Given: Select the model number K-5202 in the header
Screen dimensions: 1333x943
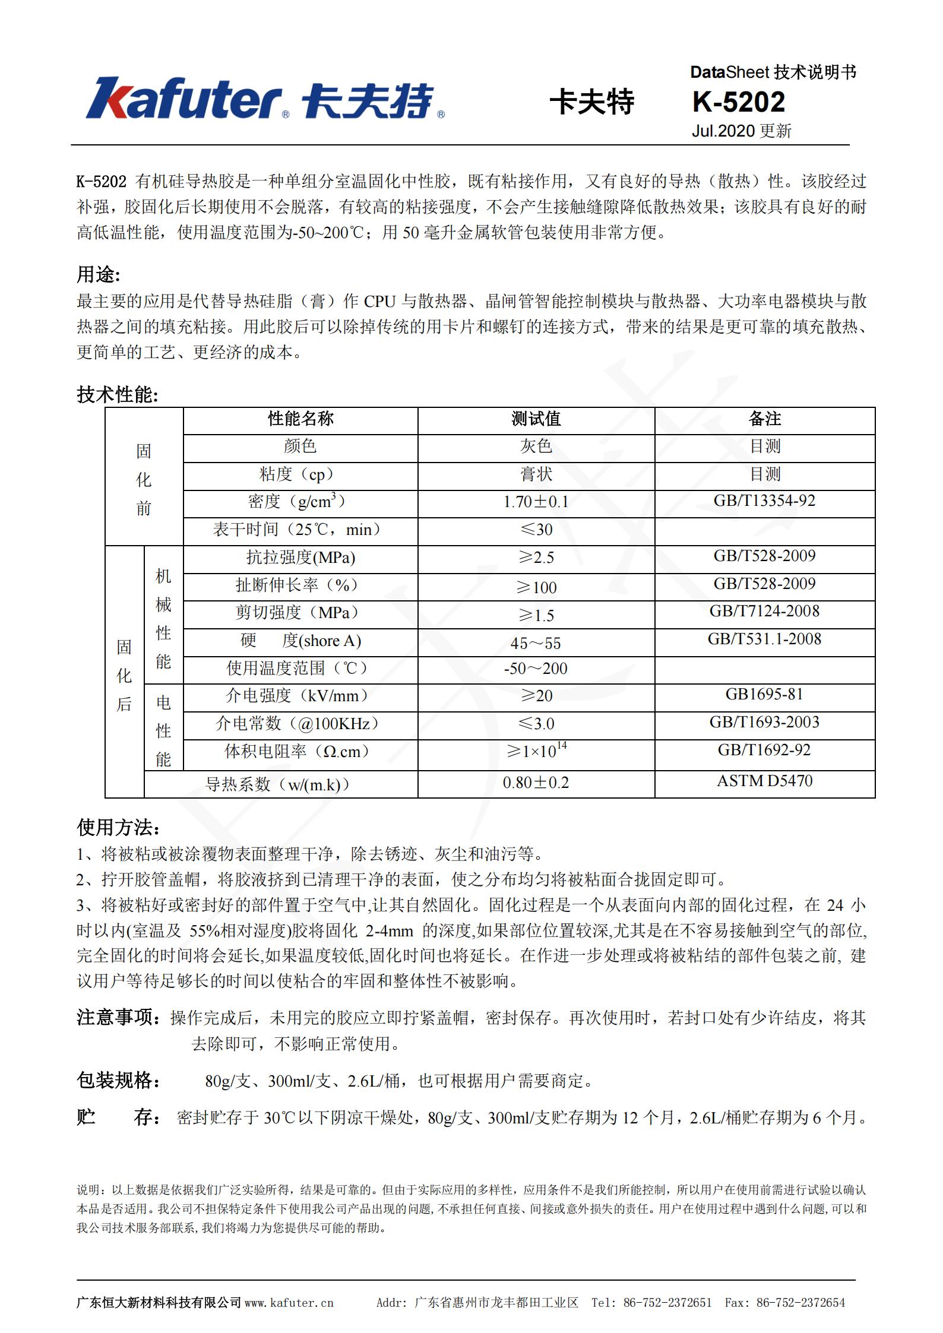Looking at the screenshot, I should [738, 102].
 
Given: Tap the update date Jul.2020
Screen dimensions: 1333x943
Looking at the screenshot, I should [723, 131].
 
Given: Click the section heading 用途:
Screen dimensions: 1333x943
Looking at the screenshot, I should [98, 274].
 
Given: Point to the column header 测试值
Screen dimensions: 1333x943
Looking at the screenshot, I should [536, 419].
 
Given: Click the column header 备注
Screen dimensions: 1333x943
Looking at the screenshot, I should [764, 419].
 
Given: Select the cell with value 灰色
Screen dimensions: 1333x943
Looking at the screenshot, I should [536, 447].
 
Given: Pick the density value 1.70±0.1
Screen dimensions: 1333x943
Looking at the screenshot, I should [536, 502].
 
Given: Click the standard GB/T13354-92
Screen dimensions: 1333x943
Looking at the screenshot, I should [764, 501].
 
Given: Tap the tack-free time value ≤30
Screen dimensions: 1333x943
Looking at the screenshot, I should [536, 530].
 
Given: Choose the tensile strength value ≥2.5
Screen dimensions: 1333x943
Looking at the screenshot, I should [536, 558].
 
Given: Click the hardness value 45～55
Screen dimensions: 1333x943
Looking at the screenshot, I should [536, 643].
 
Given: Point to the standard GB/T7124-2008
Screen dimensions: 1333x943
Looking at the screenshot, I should [764, 612].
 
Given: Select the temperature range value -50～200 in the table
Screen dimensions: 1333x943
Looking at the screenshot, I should [536, 669].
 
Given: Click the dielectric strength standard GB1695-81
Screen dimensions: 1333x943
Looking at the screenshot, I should [764, 695].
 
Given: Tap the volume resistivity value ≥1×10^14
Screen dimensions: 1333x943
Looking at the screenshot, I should [536, 751].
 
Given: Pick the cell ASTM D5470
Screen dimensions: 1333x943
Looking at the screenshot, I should [764, 781].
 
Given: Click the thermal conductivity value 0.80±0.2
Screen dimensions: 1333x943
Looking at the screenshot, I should [536, 783].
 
